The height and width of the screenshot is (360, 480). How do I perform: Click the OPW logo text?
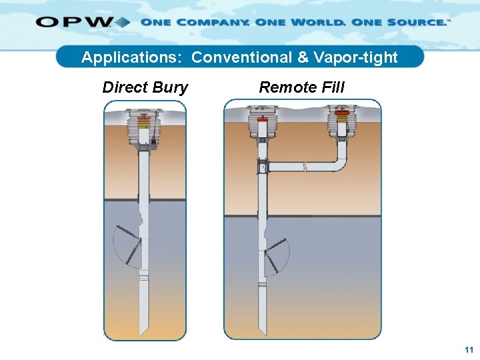click(75, 22)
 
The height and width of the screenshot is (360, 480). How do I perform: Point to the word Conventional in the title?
click(241, 57)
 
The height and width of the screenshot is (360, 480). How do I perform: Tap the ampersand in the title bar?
click(303, 57)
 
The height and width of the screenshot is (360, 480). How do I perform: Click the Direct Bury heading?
click(145, 87)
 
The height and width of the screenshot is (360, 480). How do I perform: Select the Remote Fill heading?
click(301, 87)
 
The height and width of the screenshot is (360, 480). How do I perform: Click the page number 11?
click(469, 349)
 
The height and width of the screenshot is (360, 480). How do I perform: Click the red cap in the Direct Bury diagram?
click(143, 123)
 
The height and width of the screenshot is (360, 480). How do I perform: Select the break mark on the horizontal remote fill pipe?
click(304, 166)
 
